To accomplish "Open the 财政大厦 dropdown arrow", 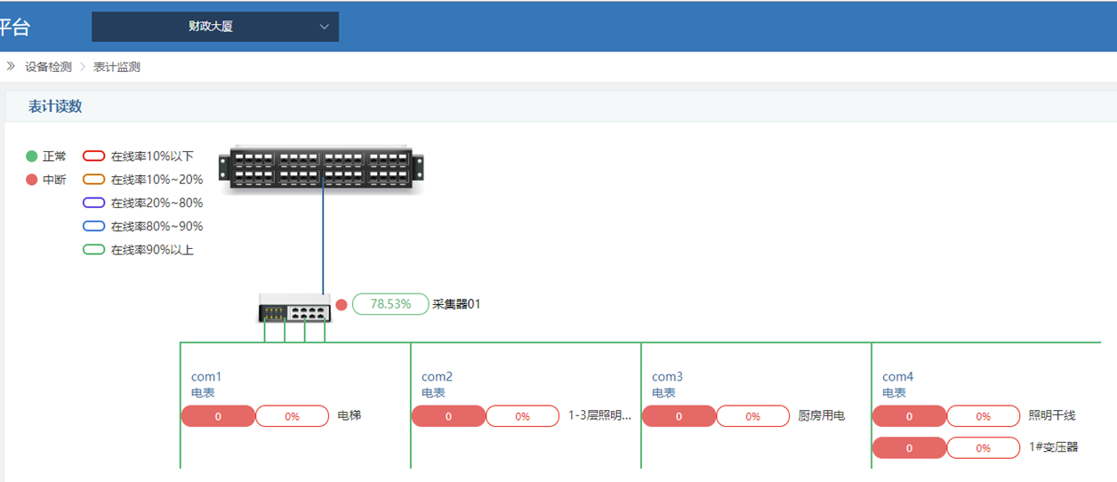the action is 324,27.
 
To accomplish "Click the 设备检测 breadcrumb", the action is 48,67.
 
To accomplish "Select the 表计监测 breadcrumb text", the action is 117,67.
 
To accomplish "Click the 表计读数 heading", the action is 55,106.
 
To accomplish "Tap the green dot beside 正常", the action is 31,156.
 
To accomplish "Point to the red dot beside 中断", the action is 31,180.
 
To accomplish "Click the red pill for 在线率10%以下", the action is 93,156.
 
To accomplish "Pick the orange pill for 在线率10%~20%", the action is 93,180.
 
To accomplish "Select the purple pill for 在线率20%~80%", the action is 93,203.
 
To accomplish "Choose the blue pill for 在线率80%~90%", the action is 93,226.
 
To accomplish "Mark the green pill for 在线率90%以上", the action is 93,250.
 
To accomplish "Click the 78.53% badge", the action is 390,304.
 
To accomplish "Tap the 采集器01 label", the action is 456,304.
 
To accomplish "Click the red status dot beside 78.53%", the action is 342,304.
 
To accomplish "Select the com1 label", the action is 206,377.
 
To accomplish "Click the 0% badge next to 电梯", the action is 293,416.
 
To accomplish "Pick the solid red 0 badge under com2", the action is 448,416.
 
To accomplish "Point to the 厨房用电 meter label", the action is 821,415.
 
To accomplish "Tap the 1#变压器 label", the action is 1054,447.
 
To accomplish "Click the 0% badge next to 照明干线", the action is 984,416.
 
